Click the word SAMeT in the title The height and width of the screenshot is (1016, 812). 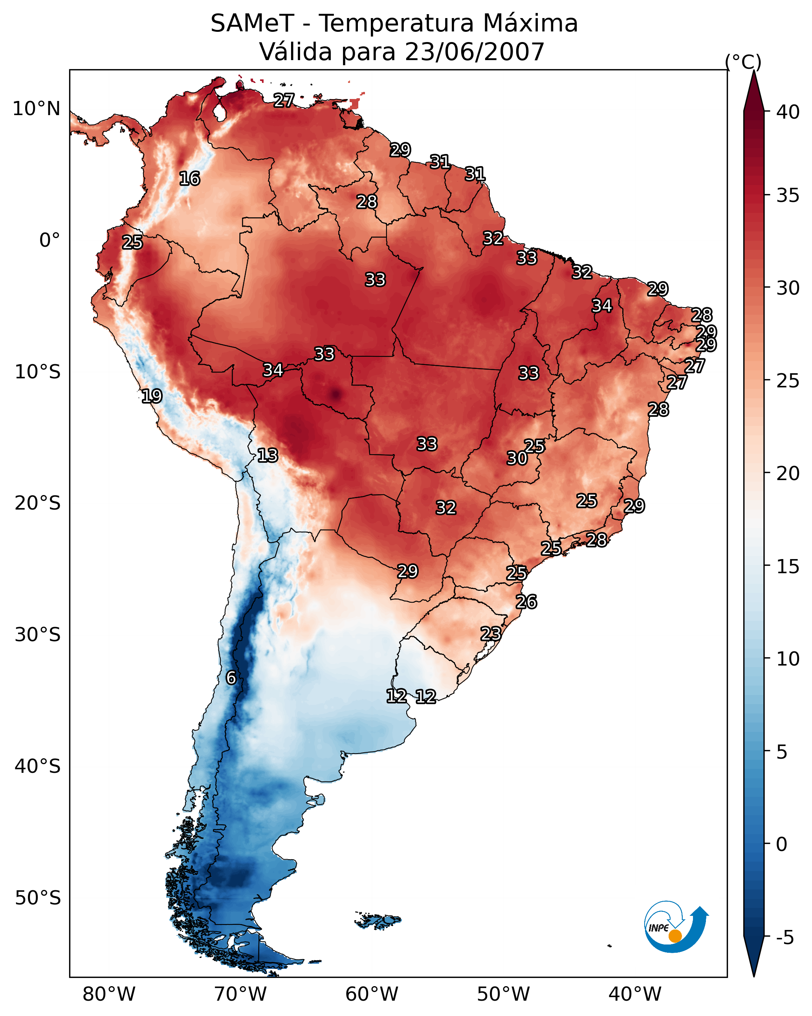point(252,24)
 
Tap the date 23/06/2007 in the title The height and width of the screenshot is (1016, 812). point(474,52)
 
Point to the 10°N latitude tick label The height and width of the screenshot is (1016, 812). point(36,109)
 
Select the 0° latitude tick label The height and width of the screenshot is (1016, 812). point(49,240)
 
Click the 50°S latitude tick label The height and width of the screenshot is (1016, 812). point(38,898)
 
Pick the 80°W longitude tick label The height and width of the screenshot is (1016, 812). point(109,994)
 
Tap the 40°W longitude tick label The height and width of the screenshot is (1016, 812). point(635,994)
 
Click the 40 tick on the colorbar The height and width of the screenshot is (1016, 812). point(788,112)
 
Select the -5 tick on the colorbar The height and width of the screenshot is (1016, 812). point(785,937)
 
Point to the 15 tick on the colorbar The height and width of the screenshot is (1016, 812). point(788,567)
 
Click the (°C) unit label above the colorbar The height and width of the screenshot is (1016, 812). point(743,62)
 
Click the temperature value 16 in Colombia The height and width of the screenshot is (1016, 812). point(189,179)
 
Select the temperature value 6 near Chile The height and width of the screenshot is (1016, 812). point(231,678)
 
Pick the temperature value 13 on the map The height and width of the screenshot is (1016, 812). point(268,455)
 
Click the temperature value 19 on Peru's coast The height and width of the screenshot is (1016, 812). point(152,396)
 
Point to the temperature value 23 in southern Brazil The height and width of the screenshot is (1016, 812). point(491,633)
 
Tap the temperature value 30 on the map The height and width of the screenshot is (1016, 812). point(517,458)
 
